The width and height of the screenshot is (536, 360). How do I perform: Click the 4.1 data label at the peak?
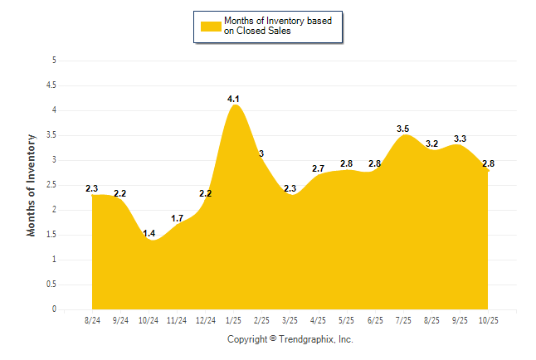(234, 100)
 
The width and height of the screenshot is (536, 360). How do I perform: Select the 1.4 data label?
(149, 234)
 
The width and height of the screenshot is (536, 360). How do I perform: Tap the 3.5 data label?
(403, 129)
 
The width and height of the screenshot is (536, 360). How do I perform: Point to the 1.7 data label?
(178, 219)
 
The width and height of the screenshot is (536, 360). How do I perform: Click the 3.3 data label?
(460, 139)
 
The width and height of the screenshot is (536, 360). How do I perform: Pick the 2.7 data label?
(319, 168)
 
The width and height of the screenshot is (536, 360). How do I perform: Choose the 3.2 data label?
(431, 144)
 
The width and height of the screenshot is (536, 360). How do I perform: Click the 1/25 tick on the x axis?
(233, 319)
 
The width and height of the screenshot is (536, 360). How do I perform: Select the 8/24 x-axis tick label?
(92, 319)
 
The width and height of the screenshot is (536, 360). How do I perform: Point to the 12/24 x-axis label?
(205, 319)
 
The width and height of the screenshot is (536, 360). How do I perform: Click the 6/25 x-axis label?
(375, 319)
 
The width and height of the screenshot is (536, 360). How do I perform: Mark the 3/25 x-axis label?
(290, 319)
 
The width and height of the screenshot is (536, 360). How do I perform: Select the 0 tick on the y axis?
(53, 309)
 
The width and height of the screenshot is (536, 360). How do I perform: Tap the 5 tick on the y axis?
(53, 60)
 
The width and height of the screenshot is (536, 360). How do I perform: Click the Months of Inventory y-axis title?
(32, 185)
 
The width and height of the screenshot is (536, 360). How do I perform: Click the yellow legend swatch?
(211, 26)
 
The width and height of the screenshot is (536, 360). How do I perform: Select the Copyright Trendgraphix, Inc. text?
(290, 339)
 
